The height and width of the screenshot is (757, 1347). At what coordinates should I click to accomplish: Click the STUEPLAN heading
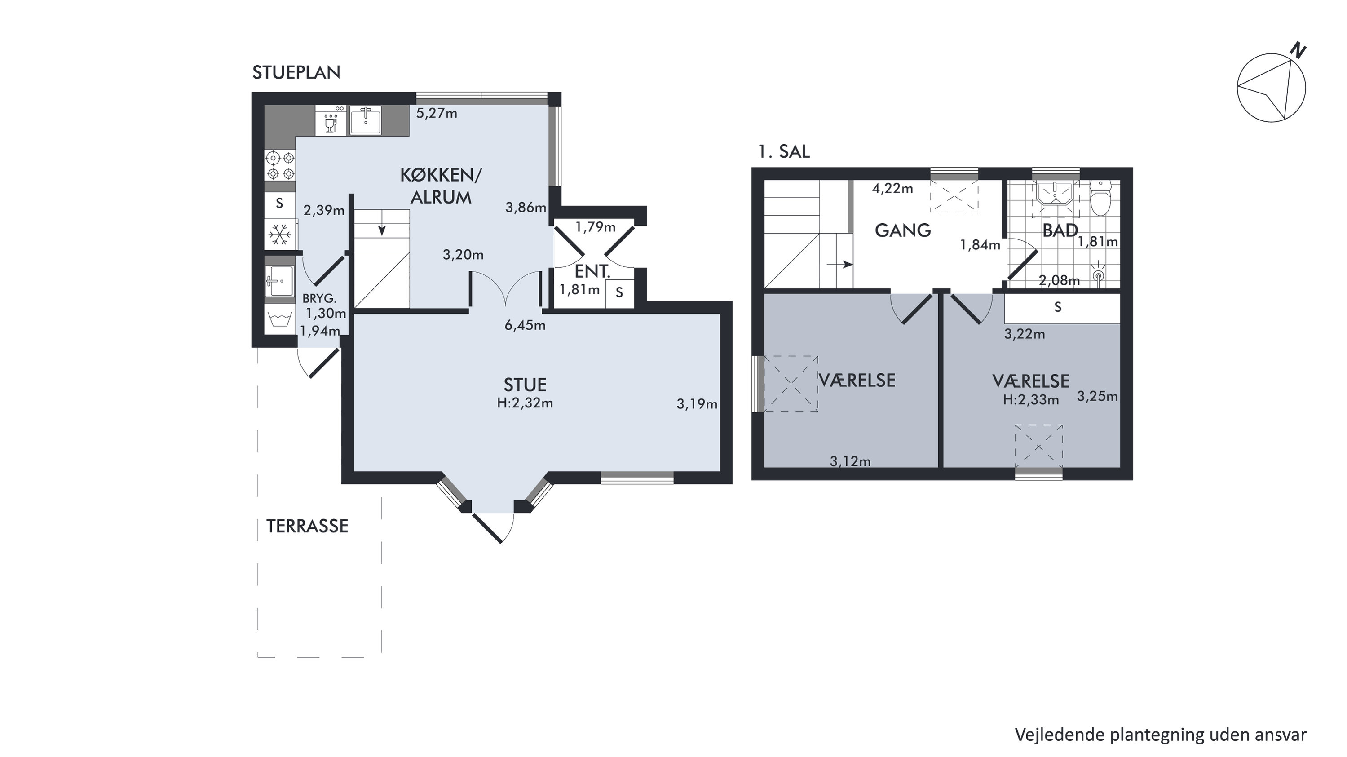pos(296,73)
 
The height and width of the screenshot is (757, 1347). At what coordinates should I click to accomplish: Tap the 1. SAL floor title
pos(783,152)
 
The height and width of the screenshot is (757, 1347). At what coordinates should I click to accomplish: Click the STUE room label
pos(525,385)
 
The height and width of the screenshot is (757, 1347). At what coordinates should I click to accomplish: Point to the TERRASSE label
pos(308,526)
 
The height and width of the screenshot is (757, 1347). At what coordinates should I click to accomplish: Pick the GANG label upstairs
pos(903,230)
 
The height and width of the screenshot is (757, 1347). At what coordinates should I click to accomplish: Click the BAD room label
pos(1060,230)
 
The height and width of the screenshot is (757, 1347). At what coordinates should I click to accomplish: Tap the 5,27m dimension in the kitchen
pos(437,114)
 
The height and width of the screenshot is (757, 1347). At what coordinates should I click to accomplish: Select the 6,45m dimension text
pos(525,325)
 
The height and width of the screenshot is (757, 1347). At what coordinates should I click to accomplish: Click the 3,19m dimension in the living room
pos(697,404)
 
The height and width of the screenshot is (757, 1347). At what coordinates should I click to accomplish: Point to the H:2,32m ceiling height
pos(525,403)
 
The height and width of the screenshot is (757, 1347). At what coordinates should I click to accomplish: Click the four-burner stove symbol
pos(280,165)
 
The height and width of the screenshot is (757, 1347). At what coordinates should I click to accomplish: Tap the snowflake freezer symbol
pos(280,235)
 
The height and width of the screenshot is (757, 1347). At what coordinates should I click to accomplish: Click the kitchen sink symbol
pos(365,120)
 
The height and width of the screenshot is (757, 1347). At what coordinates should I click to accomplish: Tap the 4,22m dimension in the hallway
pos(892,188)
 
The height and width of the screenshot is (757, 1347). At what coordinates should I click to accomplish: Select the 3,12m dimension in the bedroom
pos(850,461)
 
